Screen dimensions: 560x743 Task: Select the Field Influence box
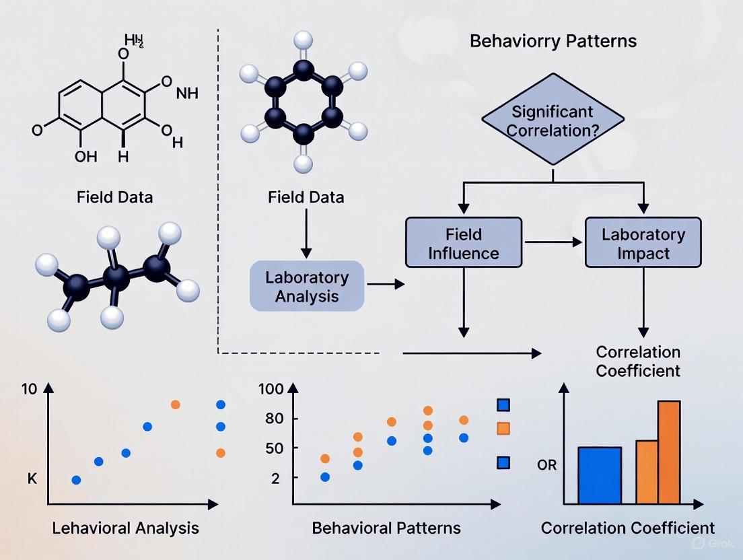point(463,243)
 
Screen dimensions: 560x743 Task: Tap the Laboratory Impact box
point(643,243)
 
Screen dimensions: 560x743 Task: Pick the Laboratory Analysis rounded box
point(307,286)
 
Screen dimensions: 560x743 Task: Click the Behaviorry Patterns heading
point(553,41)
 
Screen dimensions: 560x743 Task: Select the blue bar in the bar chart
point(600,475)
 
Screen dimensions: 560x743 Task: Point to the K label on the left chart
point(32,479)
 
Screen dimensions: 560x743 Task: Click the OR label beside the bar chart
point(547,465)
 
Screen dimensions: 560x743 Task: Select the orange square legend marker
point(503,428)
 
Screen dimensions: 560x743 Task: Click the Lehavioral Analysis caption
point(126,527)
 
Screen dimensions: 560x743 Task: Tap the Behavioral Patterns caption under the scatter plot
point(386,527)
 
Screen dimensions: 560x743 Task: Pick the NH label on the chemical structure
point(187,94)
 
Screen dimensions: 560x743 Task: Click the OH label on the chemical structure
point(86,156)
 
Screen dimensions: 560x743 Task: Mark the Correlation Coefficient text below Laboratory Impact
point(638,361)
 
